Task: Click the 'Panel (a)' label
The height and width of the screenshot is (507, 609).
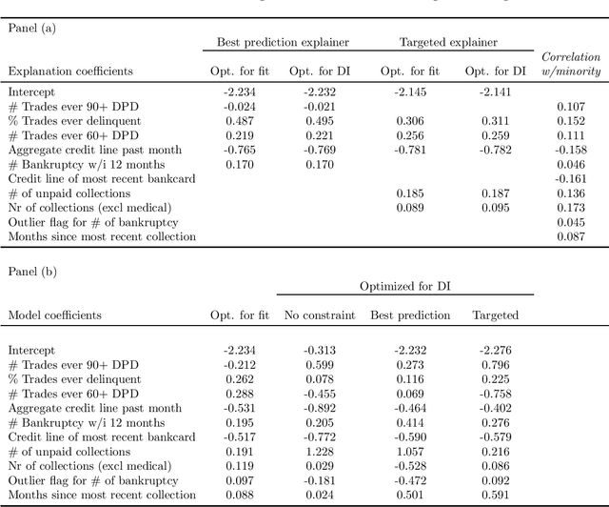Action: (x=31, y=28)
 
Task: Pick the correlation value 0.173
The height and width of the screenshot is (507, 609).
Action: (x=568, y=207)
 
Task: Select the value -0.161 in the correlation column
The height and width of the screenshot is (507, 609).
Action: (x=568, y=178)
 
